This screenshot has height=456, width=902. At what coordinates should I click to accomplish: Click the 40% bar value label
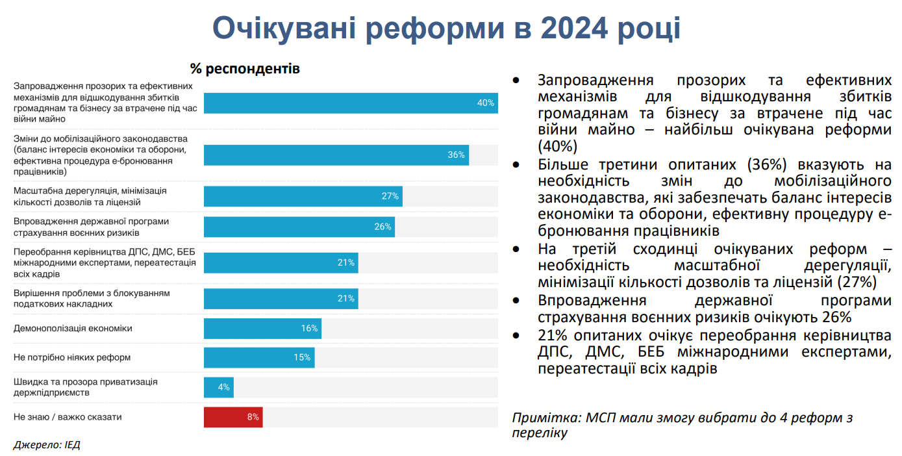[x=486, y=103]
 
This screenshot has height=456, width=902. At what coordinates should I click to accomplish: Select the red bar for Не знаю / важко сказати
[x=232, y=417]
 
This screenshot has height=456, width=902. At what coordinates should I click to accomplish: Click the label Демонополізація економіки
[x=73, y=329]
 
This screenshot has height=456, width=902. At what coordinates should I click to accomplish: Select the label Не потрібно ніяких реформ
[x=72, y=357]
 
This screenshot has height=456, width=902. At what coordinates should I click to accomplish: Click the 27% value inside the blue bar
[x=390, y=196]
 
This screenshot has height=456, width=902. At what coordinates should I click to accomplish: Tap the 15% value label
[x=302, y=357]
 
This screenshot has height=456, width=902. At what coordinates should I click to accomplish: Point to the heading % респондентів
[x=245, y=68]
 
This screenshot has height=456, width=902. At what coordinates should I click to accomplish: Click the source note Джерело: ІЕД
[x=47, y=445]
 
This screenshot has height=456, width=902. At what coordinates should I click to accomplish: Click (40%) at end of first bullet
[x=557, y=146]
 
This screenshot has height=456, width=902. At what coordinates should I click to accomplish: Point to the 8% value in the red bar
[x=253, y=417]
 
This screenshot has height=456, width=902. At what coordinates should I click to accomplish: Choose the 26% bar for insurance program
[x=299, y=227]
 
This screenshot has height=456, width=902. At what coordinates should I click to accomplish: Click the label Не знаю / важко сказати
[x=68, y=417]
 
